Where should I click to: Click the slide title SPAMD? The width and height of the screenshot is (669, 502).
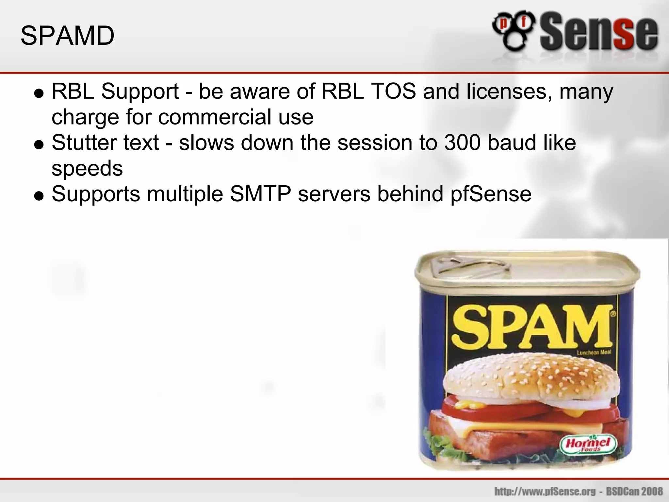click(67, 36)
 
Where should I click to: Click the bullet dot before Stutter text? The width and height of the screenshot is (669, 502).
click(39, 144)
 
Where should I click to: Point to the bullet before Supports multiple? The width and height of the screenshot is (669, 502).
click(39, 196)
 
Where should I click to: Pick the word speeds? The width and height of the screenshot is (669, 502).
click(87, 169)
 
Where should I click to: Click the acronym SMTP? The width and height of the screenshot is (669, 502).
click(260, 194)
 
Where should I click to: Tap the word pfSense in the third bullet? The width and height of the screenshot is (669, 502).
click(491, 194)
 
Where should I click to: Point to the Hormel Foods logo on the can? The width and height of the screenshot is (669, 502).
click(588, 445)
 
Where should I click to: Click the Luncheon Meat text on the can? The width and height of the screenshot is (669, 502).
click(594, 353)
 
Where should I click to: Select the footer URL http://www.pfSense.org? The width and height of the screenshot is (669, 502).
click(545, 491)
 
